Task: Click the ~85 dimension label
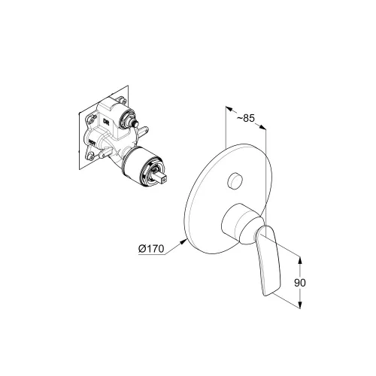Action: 245,118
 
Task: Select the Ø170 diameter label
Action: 151,249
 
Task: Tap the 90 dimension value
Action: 300,283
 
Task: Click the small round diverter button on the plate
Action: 235,180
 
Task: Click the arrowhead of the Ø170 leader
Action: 183,241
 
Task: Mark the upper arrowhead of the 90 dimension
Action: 300,259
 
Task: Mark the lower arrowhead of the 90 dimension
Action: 300,305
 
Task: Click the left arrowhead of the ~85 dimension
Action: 229,108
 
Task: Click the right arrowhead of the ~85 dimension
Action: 262,128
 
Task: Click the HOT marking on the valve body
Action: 92,143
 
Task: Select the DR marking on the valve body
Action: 106,121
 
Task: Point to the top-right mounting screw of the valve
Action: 123,101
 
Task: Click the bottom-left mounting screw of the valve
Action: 91,157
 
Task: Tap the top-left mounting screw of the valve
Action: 91,118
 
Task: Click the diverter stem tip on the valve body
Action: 136,123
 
